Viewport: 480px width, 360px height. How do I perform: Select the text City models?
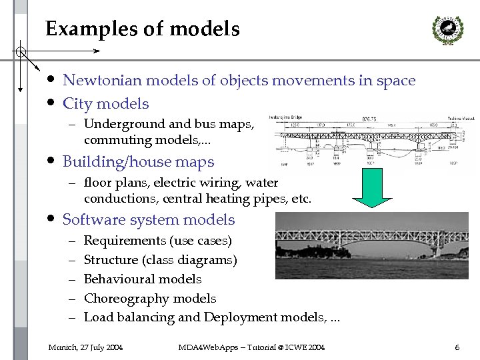pyautogui.click(x=105, y=103)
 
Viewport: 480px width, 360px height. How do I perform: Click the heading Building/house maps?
pyautogui.click(x=138, y=162)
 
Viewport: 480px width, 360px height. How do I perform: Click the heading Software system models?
pyautogui.click(x=148, y=220)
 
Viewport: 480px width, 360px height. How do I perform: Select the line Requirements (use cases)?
pyautogui.click(x=158, y=241)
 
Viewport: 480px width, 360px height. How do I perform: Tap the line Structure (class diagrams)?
pyautogui.click(x=160, y=260)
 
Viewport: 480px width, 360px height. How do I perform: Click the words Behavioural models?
pyautogui.click(x=143, y=279)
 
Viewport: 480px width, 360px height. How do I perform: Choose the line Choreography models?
pyautogui.click(x=150, y=299)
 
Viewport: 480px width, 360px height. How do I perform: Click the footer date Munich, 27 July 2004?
pyautogui.click(x=85, y=347)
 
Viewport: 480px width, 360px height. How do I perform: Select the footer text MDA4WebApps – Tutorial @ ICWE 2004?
pyautogui.click(x=251, y=347)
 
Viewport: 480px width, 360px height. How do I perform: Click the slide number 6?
pyautogui.click(x=457, y=347)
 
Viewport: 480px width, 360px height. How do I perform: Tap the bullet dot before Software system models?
pyautogui.click(x=51, y=219)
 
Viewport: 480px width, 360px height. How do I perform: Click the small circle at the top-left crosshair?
pyautogui.click(x=21, y=51)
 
